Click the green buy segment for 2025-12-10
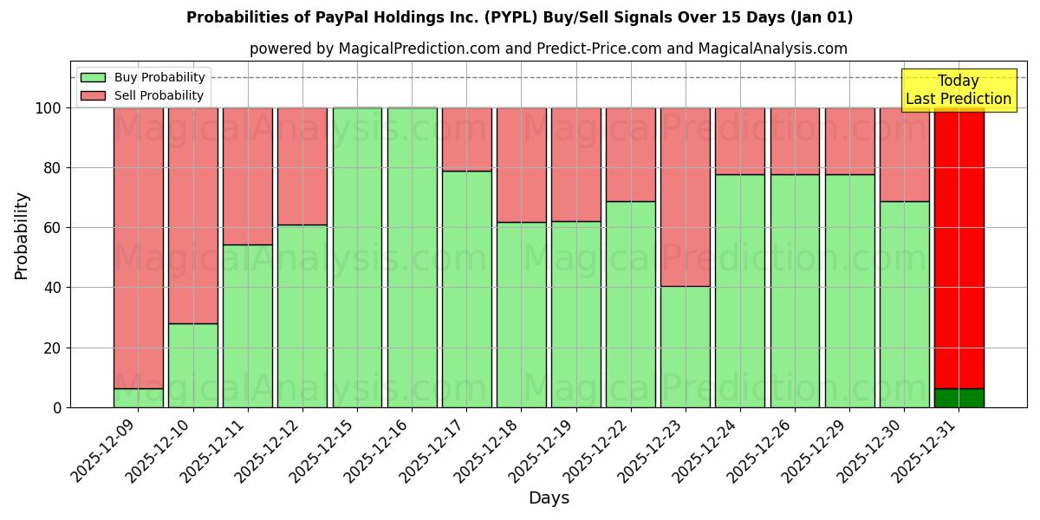click(x=193, y=365)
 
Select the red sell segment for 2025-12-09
click(x=139, y=247)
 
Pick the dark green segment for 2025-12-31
click(x=959, y=398)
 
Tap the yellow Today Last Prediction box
click(x=959, y=90)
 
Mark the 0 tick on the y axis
click(x=57, y=407)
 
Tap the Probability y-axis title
click(x=22, y=235)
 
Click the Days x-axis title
click(x=549, y=498)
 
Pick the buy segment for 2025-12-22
click(x=631, y=304)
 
